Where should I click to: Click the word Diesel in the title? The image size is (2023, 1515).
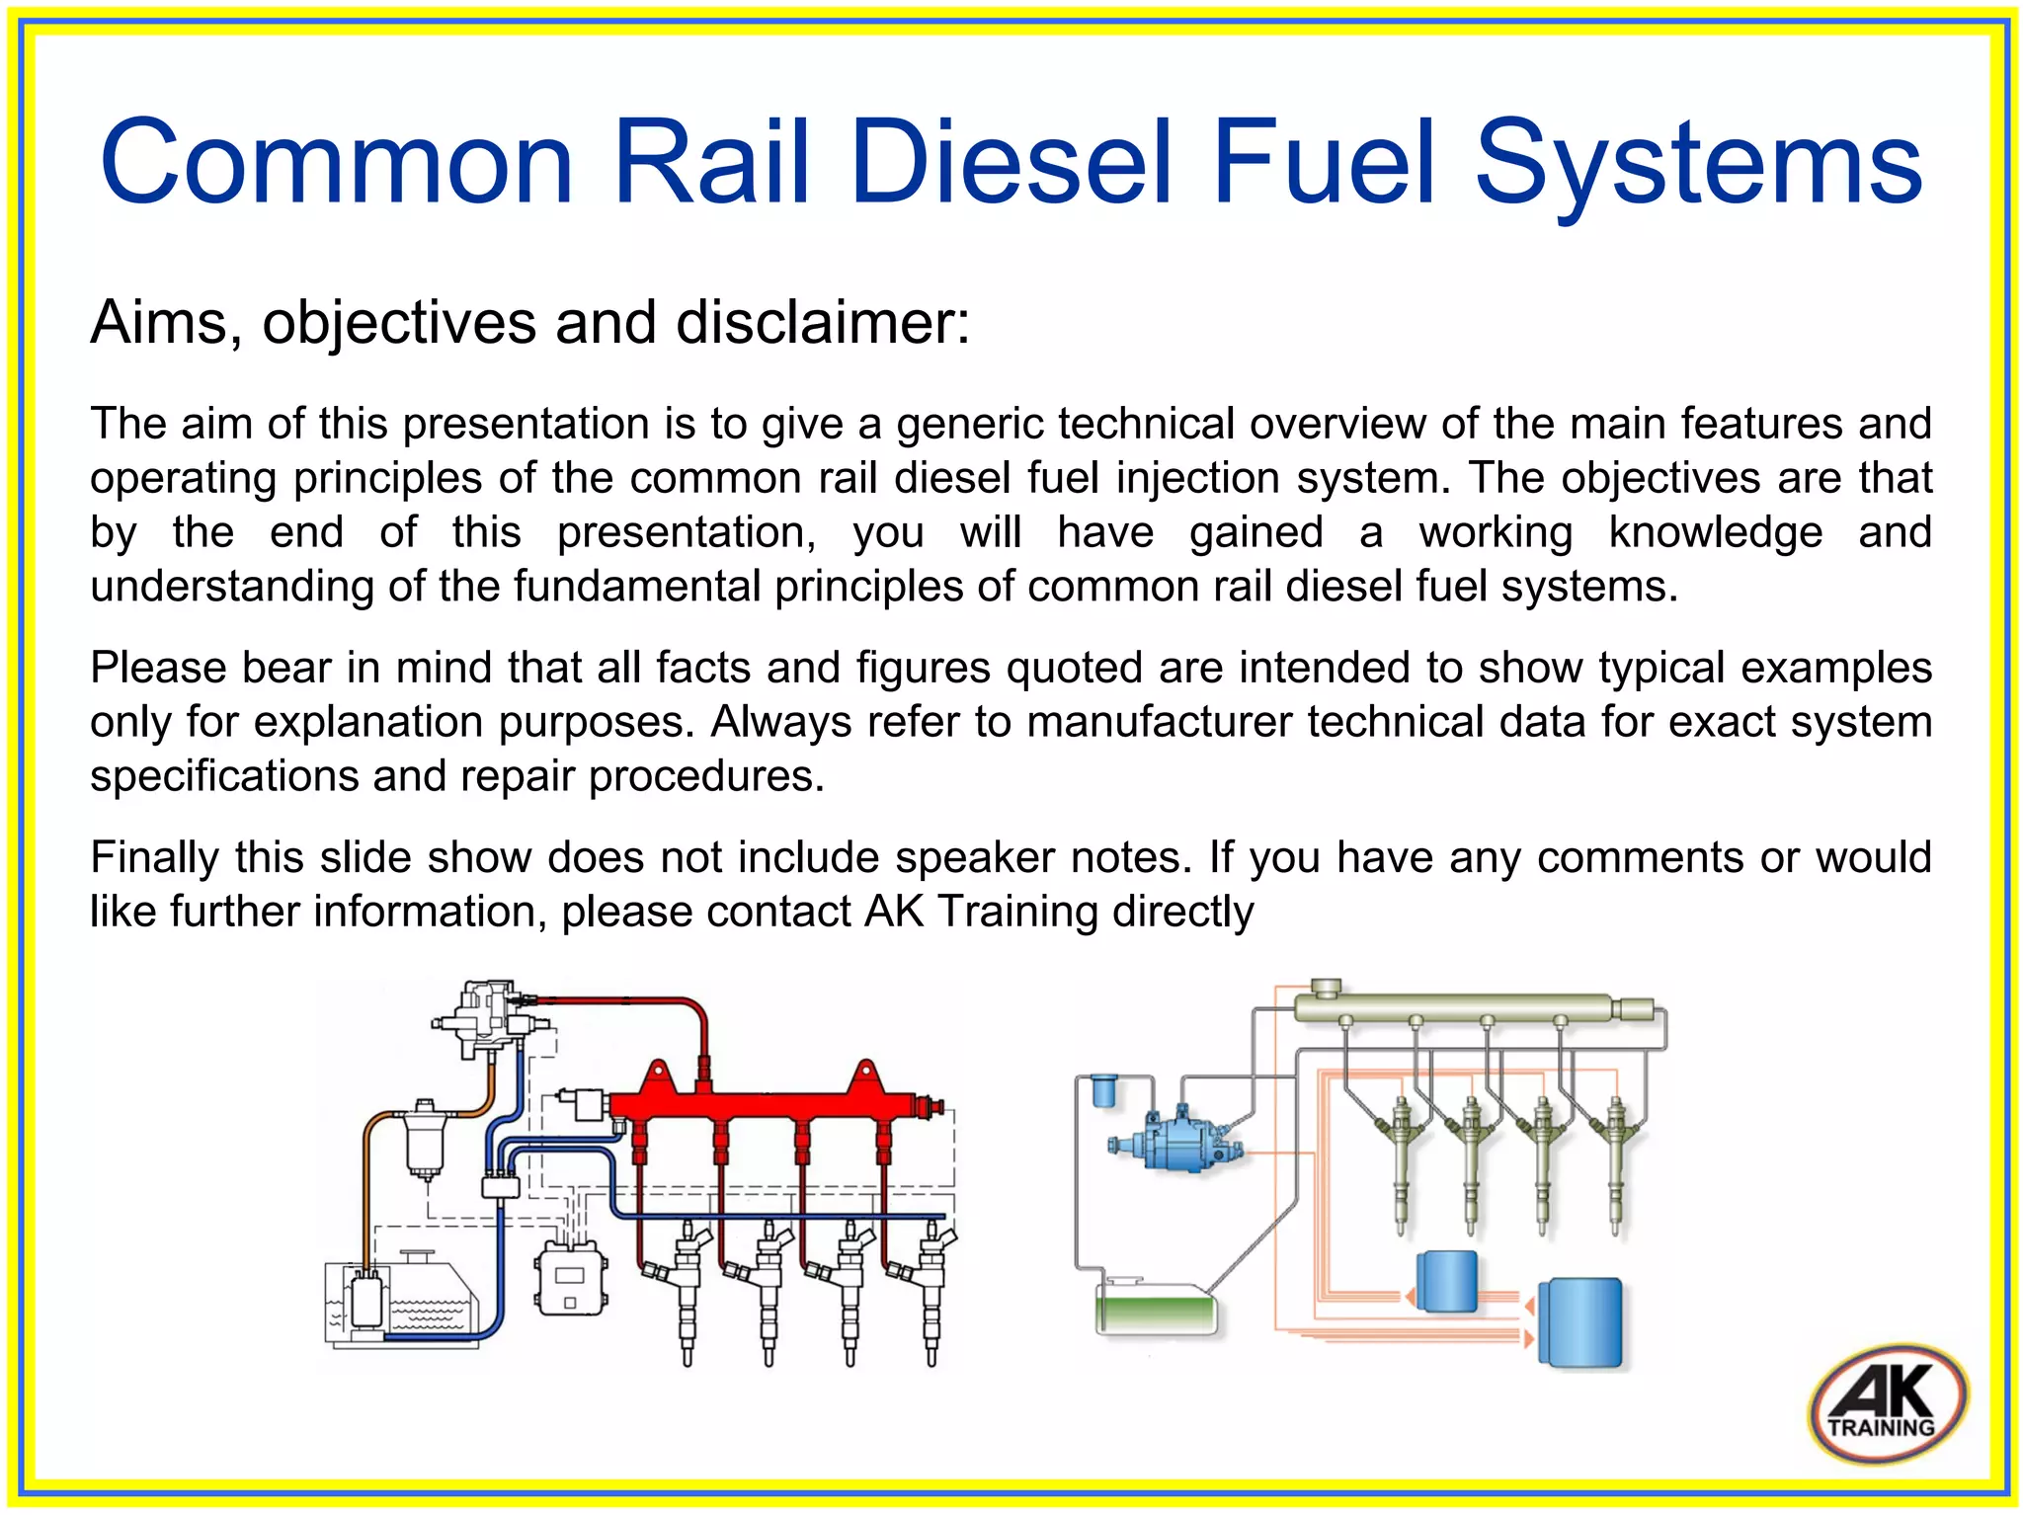click(x=1011, y=163)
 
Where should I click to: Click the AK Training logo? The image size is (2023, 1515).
click(x=1887, y=1403)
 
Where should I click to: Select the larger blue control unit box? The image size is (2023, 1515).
click(x=1580, y=1323)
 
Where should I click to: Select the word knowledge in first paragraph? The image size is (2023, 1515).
click(x=1715, y=533)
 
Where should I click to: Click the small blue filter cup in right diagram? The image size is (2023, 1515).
click(x=1103, y=1091)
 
